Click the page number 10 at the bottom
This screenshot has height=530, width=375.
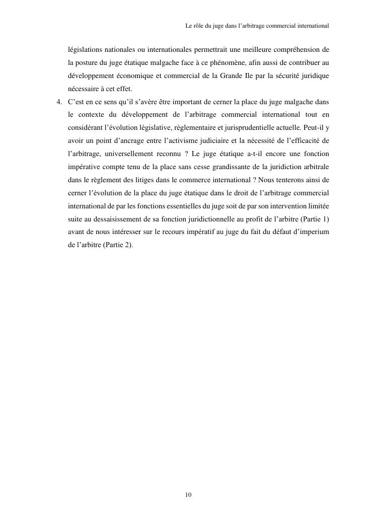(x=188, y=495)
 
